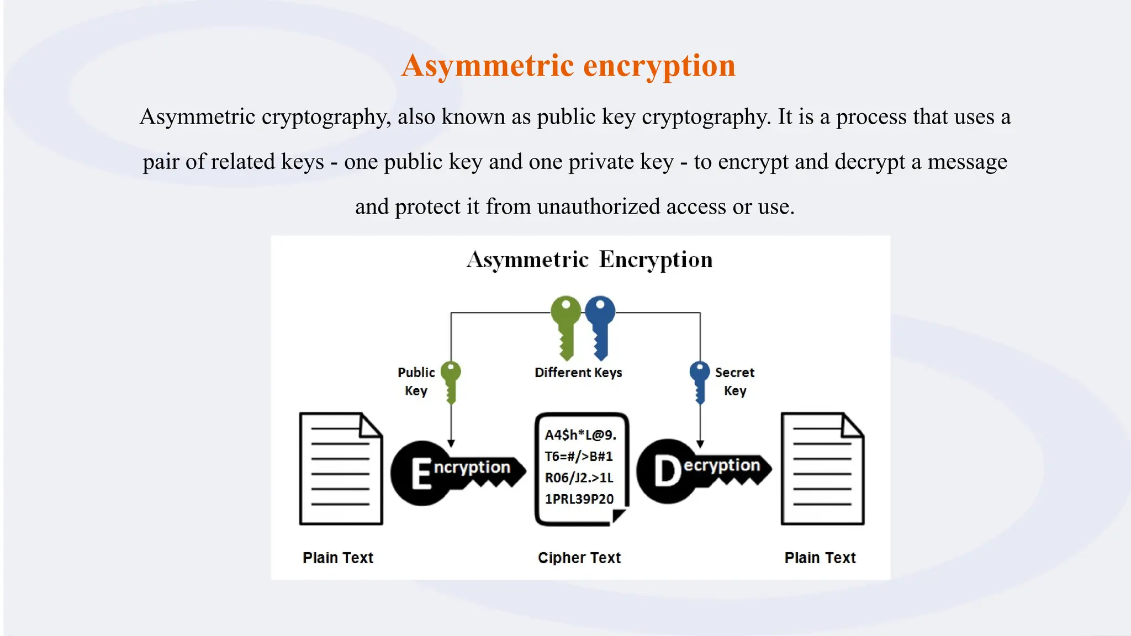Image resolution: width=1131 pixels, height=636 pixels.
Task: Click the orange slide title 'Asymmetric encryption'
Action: point(568,66)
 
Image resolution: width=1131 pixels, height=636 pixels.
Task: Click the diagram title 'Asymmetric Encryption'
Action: point(589,259)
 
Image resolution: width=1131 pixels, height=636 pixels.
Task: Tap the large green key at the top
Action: point(565,326)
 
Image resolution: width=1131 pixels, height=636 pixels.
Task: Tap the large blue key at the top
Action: point(600,326)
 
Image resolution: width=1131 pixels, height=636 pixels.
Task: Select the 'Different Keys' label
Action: point(578,373)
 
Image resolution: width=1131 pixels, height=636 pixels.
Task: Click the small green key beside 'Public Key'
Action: point(451,381)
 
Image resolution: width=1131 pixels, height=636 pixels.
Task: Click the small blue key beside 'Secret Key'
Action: point(700,381)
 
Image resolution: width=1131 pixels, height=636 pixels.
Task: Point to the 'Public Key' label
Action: point(416,381)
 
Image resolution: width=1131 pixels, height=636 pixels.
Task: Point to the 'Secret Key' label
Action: point(734,381)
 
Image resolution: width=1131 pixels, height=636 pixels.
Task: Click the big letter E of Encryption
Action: point(421,474)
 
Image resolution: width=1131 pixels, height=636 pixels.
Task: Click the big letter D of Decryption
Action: point(668,471)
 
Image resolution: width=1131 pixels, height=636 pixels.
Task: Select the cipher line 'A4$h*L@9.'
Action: point(580,435)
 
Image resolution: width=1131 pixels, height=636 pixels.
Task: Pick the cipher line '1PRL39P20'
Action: point(579,499)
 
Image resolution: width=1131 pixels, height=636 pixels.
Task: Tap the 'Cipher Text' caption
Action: point(579,558)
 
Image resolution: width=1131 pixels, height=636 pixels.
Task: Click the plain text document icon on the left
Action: point(341,469)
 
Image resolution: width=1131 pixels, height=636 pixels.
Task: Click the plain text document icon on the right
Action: point(822,469)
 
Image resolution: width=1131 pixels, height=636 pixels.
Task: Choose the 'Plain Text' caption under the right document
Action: point(820,558)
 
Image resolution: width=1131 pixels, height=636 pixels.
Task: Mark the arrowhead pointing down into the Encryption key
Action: point(451,443)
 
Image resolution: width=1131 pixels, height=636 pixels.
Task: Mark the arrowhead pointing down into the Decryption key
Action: point(700,444)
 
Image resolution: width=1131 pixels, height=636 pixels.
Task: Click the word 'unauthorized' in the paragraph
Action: point(599,206)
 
